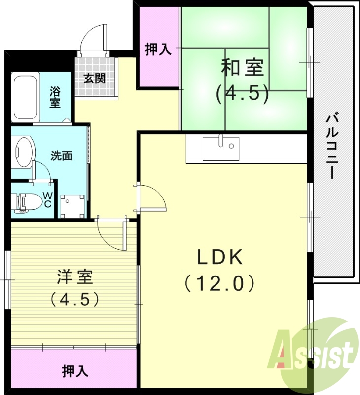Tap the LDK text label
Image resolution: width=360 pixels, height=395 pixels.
tap(219, 257)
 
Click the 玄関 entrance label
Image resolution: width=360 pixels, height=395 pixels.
tap(94, 78)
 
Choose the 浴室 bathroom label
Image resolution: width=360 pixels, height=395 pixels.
tap(55, 97)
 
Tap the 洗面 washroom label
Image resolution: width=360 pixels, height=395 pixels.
tap(62, 156)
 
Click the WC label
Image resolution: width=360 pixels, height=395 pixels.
tap(47, 199)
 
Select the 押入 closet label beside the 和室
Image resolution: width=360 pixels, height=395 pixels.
tap(158, 49)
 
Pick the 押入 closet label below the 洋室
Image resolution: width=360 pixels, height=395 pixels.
tap(74, 371)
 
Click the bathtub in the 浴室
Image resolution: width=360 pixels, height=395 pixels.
tap(26, 96)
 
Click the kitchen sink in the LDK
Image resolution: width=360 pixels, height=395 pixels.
tap(220, 148)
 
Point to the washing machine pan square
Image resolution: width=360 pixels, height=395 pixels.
tap(72, 205)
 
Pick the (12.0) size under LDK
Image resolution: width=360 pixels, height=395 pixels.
tap(219, 283)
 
